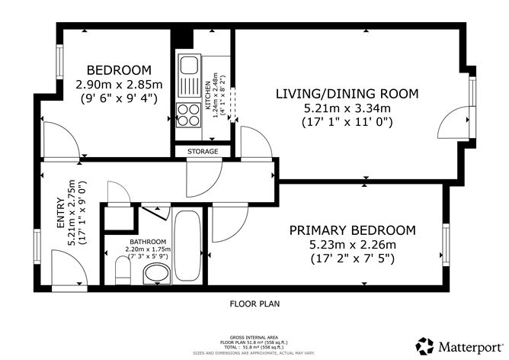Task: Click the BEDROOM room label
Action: point(118,69)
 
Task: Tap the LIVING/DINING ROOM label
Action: point(347,94)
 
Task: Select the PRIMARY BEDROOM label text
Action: point(351,230)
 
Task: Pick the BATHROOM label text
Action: point(148,240)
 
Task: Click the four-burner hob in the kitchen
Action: point(187,115)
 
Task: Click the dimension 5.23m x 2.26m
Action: point(351,244)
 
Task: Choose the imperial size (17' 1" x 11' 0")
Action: point(347,121)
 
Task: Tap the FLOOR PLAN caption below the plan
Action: point(254,304)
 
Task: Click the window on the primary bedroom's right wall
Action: point(444,242)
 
